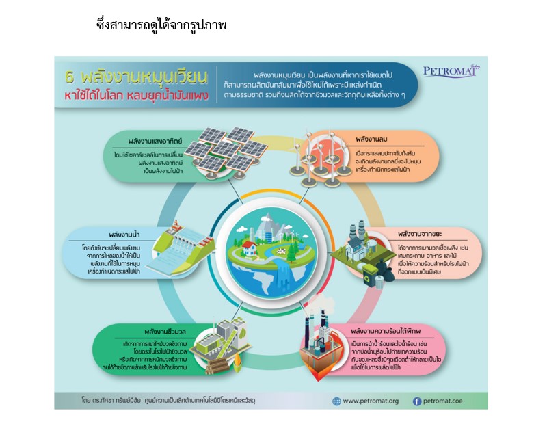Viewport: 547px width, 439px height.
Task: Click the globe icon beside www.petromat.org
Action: coord(336,401)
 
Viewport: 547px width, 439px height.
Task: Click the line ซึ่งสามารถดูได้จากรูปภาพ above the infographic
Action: coord(161,25)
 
